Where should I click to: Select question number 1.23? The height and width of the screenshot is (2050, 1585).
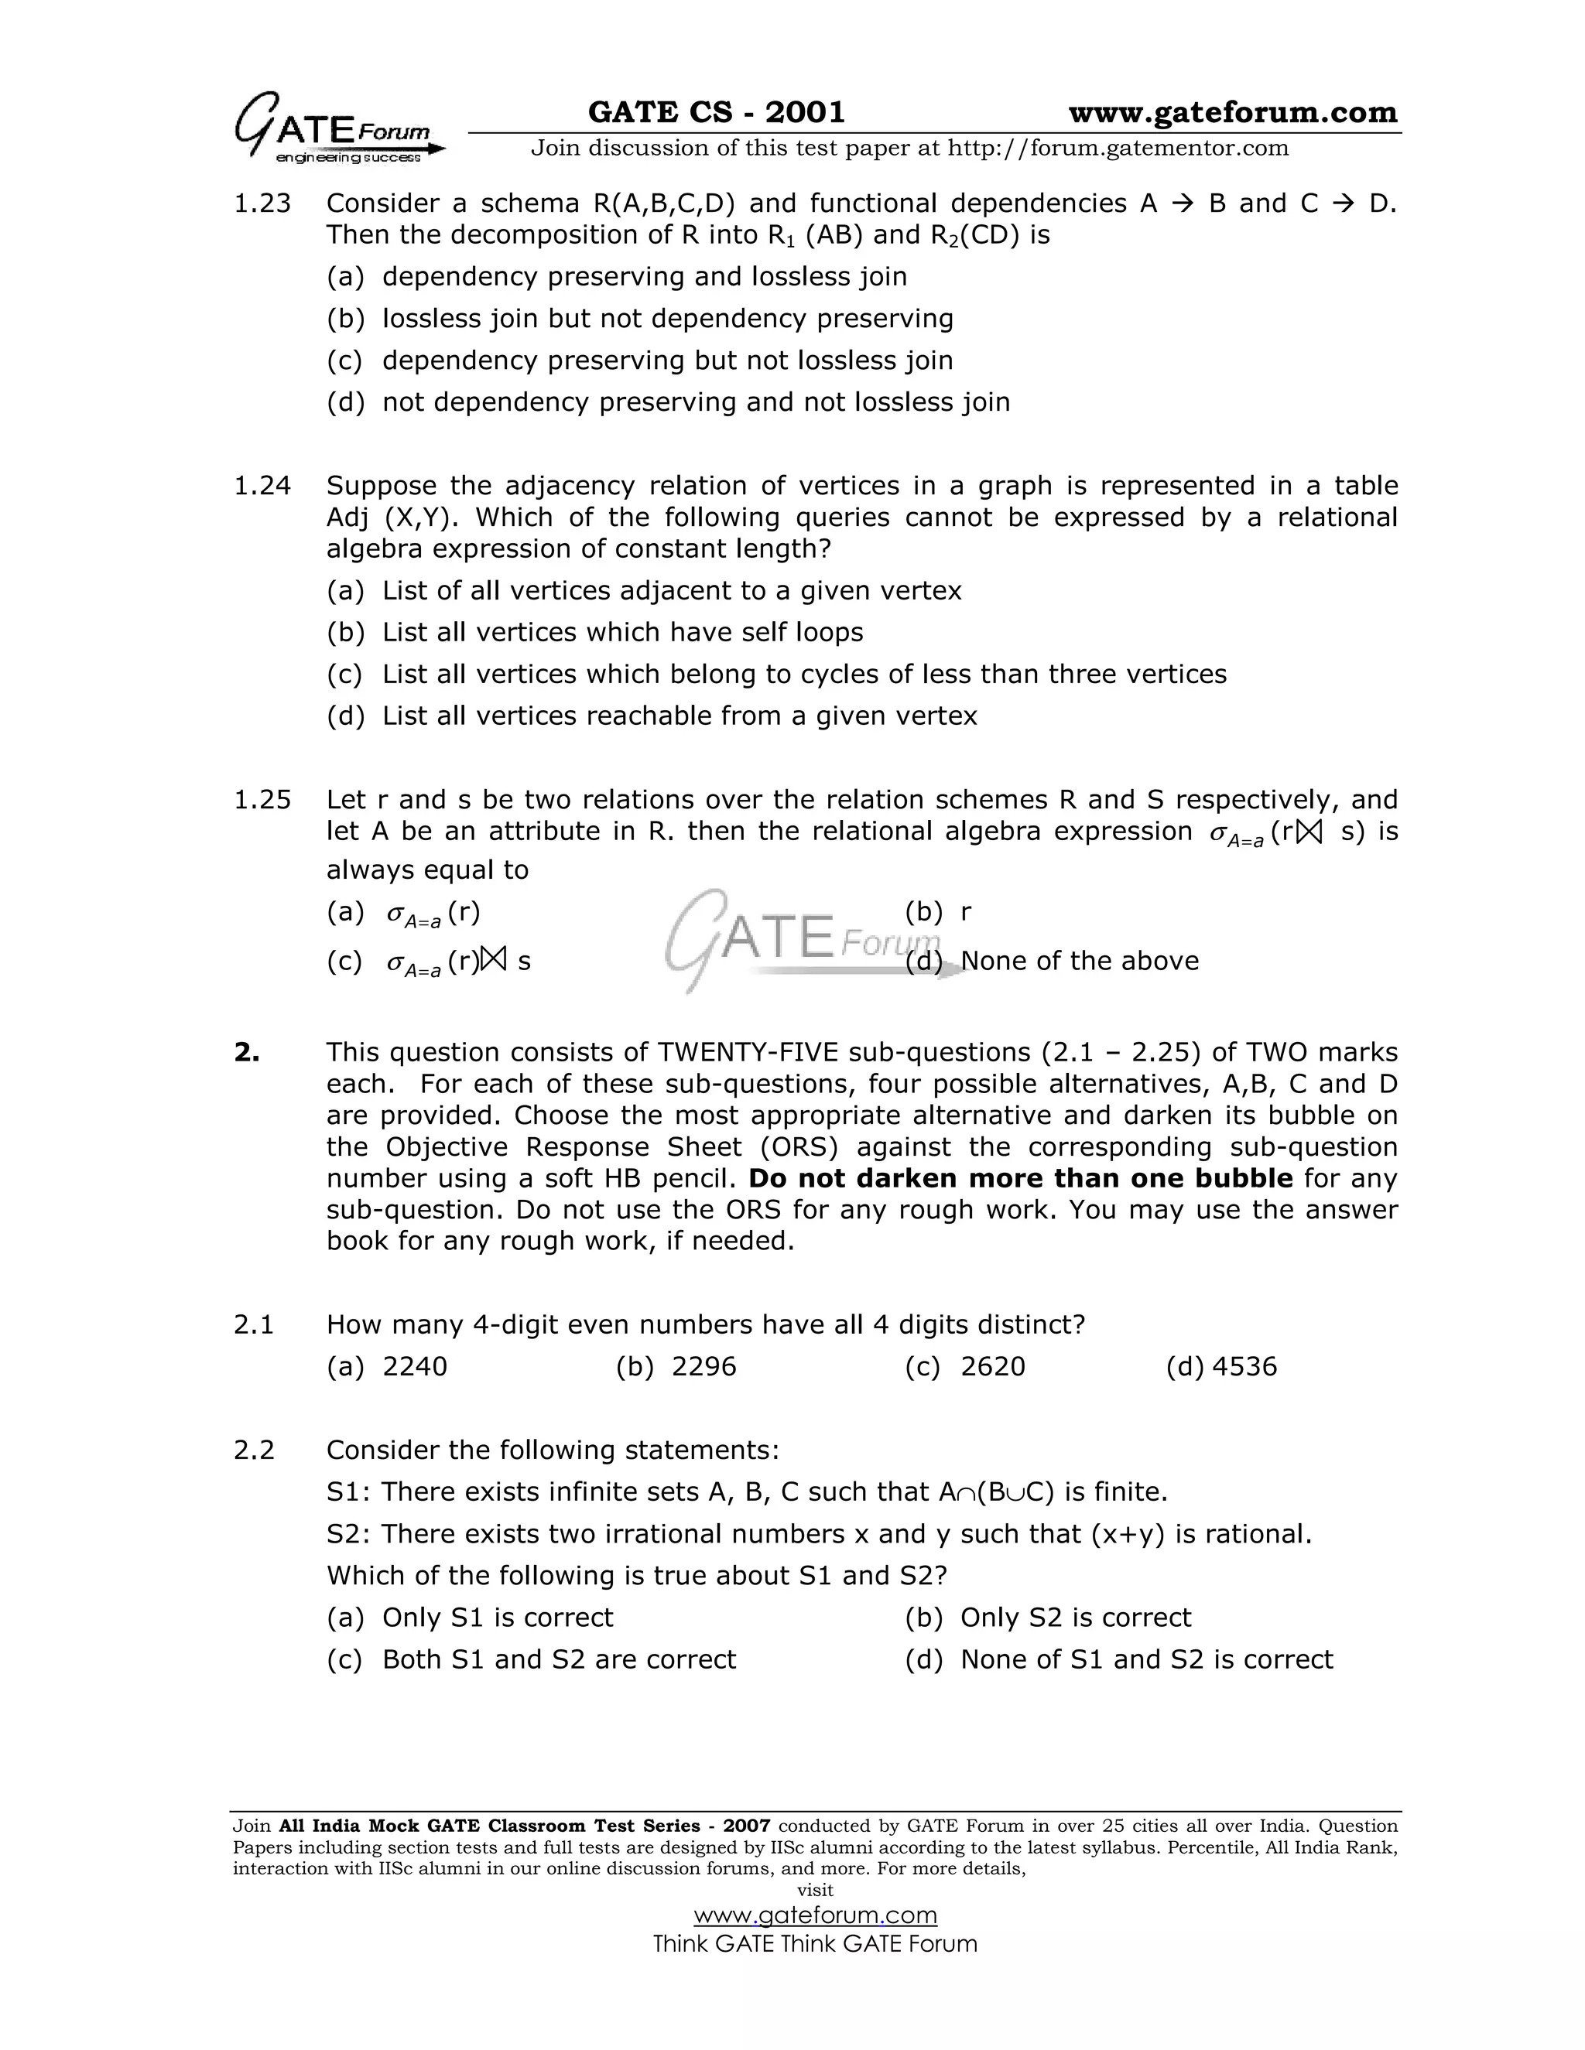pos(262,203)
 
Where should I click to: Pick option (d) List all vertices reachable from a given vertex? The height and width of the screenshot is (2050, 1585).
pos(679,716)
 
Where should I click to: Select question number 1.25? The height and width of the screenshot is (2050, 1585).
pos(262,800)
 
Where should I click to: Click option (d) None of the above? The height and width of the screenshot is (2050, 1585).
pos(1079,960)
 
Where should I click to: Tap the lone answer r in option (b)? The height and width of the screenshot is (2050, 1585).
pos(966,911)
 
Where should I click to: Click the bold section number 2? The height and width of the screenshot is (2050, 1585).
pos(247,1052)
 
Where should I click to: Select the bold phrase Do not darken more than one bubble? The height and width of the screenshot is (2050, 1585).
pos(1020,1178)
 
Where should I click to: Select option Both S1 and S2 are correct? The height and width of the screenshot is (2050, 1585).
pos(559,1659)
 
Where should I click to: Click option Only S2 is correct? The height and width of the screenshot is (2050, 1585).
pos(1075,1618)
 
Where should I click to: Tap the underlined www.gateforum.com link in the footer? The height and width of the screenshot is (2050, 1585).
pos(815,1915)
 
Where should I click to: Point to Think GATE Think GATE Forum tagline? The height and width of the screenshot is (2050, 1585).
pos(815,1943)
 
